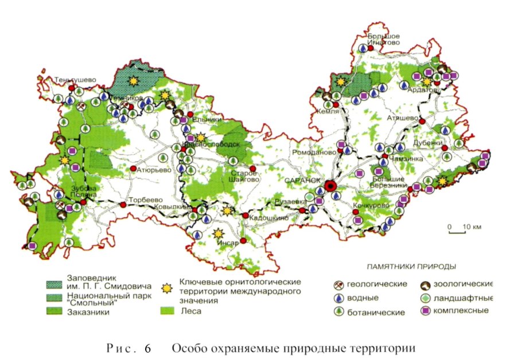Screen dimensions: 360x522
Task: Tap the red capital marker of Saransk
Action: point(330,186)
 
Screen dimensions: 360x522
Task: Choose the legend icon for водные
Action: point(340,298)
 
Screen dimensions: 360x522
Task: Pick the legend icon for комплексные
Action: point(426,311)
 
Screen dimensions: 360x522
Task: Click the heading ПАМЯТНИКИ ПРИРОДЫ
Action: point(407,267)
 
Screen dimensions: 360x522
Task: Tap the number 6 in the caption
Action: point(147,348)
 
